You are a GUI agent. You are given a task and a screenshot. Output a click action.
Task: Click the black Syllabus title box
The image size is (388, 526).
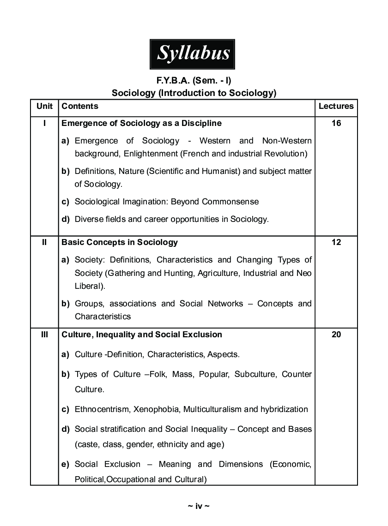(193, 54)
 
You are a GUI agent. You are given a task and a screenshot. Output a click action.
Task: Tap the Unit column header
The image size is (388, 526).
(44, 106)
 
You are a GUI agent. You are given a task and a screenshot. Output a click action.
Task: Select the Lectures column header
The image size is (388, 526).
(336, 106)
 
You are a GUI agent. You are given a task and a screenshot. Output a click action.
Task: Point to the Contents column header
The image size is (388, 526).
(80, 106)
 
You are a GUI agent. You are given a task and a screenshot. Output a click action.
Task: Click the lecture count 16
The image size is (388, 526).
(336, 123)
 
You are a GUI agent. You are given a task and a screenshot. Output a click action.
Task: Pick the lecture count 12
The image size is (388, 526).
(336, 242)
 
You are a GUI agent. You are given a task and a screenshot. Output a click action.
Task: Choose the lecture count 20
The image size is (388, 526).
(336, 335)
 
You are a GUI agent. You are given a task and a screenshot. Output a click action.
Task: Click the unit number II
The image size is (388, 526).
(44, 242)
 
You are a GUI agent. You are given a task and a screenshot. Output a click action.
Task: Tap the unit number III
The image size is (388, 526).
(44, 335)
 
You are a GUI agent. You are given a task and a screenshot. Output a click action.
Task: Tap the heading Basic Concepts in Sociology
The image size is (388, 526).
(120, 242)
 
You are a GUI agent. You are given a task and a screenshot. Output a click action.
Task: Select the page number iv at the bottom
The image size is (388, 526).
(199, 506)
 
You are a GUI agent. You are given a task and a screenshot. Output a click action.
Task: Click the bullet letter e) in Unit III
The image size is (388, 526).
(66, 464)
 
